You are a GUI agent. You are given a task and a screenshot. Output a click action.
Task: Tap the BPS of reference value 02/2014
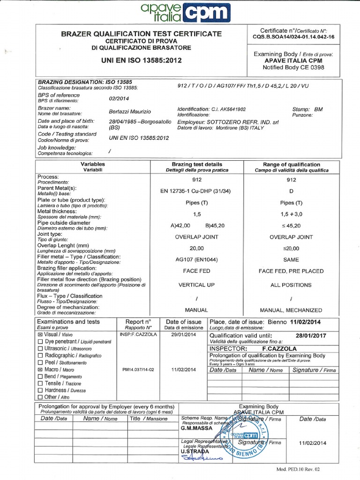(x=119, y=98)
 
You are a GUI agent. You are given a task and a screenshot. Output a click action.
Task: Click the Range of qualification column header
(x=291, y=165)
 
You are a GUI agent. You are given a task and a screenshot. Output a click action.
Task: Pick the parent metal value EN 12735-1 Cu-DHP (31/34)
(x=197, y=191)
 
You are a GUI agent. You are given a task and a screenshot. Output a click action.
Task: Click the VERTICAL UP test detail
(x=197, y=285)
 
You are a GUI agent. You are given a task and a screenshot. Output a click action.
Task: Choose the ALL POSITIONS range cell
(x=291, y=285)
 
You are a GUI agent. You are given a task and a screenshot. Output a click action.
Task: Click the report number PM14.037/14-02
(x=138, y=370)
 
